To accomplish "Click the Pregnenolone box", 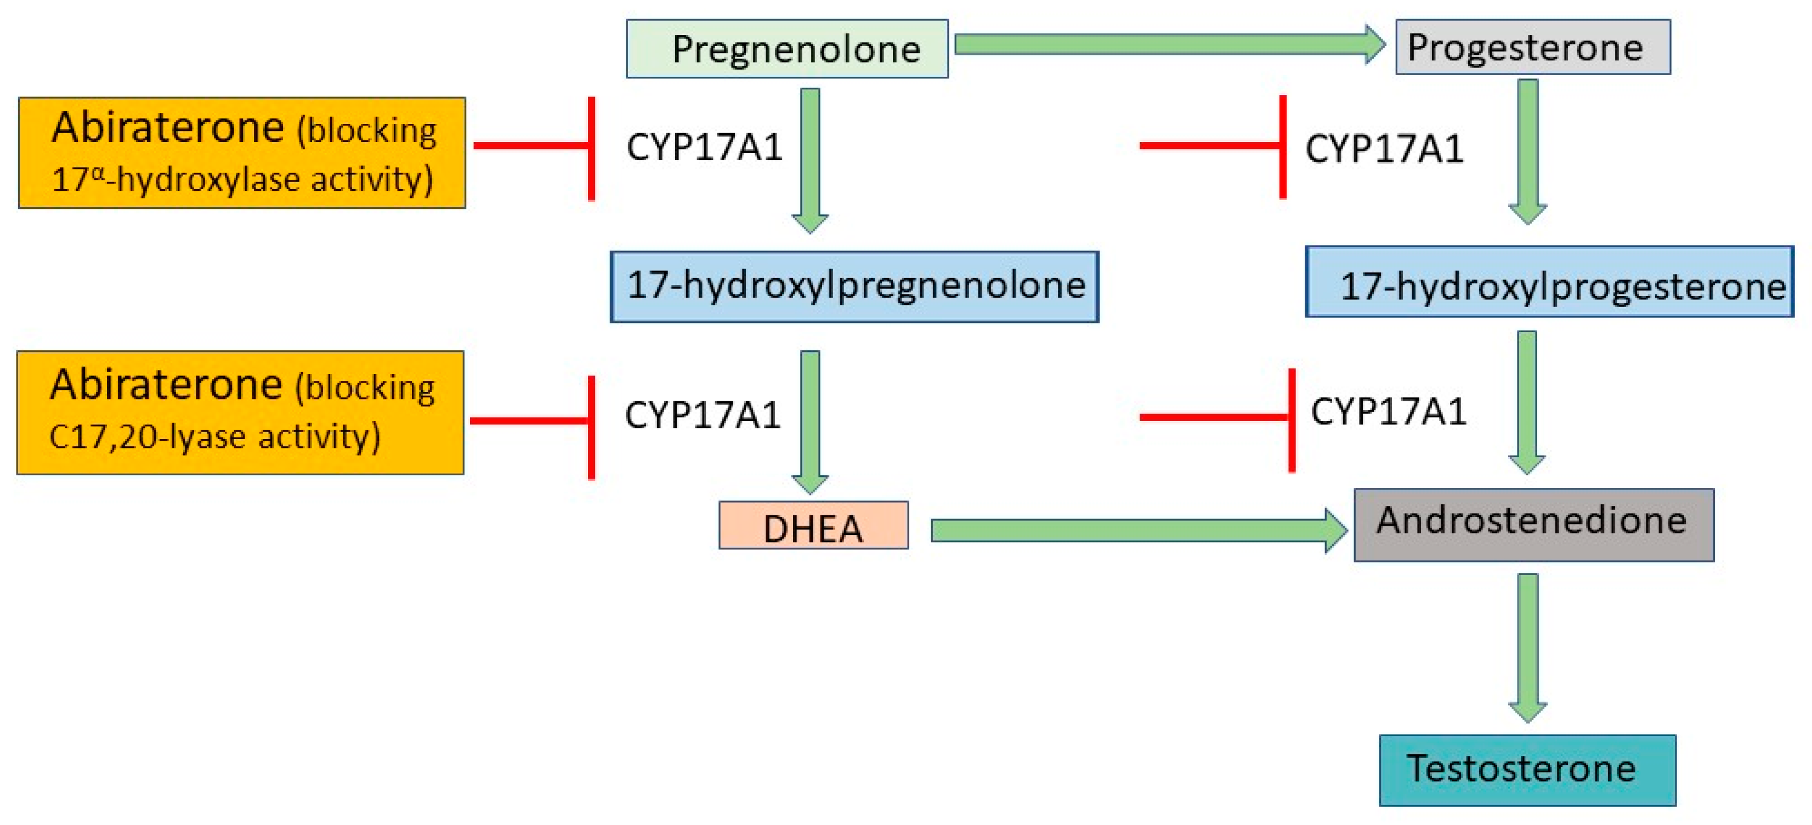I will (x=787, y=49).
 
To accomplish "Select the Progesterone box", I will (x=1532, y=47).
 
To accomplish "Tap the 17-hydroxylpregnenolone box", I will (x=854, y=286).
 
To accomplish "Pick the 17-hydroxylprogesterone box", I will (x=1549, y=282).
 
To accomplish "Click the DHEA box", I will (x=813, y=525).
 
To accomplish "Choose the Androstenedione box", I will (x=1533, y=525).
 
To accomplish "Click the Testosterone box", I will (x=1527, y=770).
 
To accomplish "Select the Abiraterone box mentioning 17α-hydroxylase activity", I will (x=242, y=152).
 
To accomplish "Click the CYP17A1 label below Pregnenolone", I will (x=704, y=147).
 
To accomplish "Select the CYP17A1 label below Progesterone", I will (x=1384, y=149).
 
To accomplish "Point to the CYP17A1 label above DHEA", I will (x=703, y=414).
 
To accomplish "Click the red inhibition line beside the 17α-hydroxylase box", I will (x=533, y=146).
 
